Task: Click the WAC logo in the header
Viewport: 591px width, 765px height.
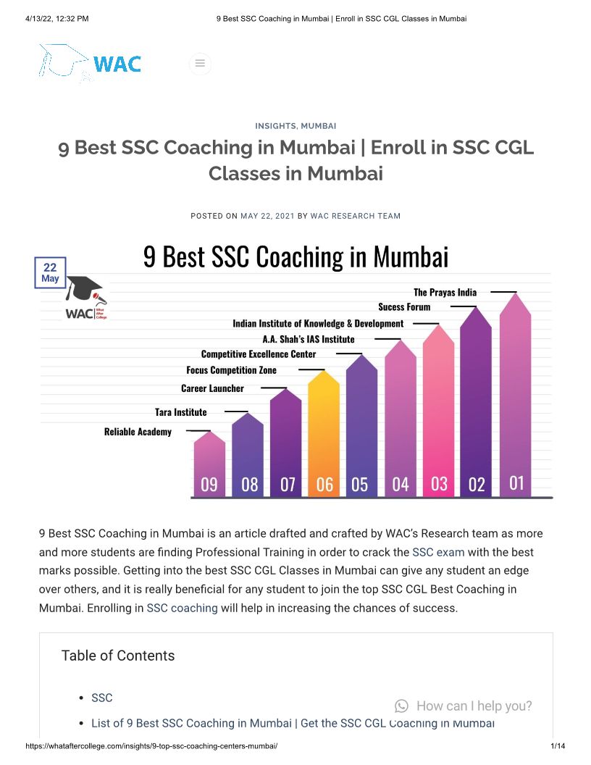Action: pos(91,63)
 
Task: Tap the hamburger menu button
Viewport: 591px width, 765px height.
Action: pos(201,64)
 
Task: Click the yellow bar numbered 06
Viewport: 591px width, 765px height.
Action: pos(324,435)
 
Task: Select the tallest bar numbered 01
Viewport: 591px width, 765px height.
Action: pos(515,398)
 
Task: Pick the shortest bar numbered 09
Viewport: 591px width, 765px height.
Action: pos(209,467)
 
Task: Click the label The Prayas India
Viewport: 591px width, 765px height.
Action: pos(445,292)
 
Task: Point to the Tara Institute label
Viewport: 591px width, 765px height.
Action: pos(180,412)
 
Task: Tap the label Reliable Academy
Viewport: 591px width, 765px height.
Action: pos(138,432)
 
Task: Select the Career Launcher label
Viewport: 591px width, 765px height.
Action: pos(212,388)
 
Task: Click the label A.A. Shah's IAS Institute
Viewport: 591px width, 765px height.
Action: pos(308,339)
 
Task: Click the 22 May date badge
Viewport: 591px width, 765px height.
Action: pos(50,272)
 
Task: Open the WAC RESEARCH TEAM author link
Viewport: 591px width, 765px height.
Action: pos(355,216)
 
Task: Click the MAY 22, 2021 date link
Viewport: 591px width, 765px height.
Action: pos(267,216)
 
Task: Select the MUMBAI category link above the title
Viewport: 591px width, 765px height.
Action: pos(318,126)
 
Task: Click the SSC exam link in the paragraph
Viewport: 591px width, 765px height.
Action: pos(438,552)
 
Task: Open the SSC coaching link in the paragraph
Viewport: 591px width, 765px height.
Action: pos(182,608)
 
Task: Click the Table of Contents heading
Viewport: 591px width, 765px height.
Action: pos(118,656)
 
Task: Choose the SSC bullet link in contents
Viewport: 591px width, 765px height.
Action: pos(102,698)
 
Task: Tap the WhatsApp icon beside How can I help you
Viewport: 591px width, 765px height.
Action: pos(401,706)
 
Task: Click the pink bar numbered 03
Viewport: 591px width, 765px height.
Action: pos(438,413)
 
